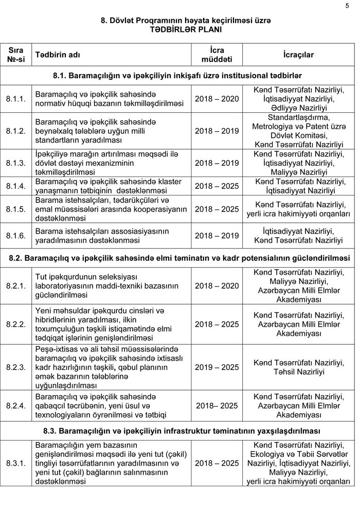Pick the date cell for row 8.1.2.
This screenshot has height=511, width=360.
[217, 131]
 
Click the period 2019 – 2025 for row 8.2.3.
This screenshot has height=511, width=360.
[217, 367]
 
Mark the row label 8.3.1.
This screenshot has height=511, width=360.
[16, 463]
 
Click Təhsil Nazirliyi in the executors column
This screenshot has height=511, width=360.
[299, 372]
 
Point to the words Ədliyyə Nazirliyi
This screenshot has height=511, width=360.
[299, 108]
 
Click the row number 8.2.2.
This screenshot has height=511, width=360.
[16, 324]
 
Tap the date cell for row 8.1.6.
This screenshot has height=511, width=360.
[217, 236]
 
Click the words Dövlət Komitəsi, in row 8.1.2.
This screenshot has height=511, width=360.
[299, 135]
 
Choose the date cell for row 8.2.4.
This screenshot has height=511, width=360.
[217, 406]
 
